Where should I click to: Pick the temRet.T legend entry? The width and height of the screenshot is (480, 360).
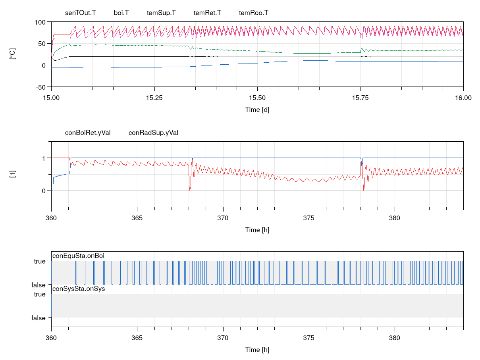click(206, 13)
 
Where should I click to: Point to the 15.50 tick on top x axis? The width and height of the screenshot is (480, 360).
click(257, 98)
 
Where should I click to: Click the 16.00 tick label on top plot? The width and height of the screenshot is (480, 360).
click(463, 98)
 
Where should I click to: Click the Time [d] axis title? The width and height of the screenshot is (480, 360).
click(257, 110)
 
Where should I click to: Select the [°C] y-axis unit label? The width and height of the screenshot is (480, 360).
click(13, 54)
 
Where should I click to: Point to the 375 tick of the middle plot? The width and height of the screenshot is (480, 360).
click(308, 218)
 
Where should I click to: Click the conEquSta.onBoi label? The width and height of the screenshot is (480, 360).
click(78, 255)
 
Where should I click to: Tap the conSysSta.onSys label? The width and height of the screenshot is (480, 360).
click(79, 289)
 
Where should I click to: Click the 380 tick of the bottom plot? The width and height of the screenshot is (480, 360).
click(394, 338)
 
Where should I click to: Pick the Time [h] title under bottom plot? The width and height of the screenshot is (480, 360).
click(257, 350)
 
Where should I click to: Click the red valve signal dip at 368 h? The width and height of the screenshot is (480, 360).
click(190, 190)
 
